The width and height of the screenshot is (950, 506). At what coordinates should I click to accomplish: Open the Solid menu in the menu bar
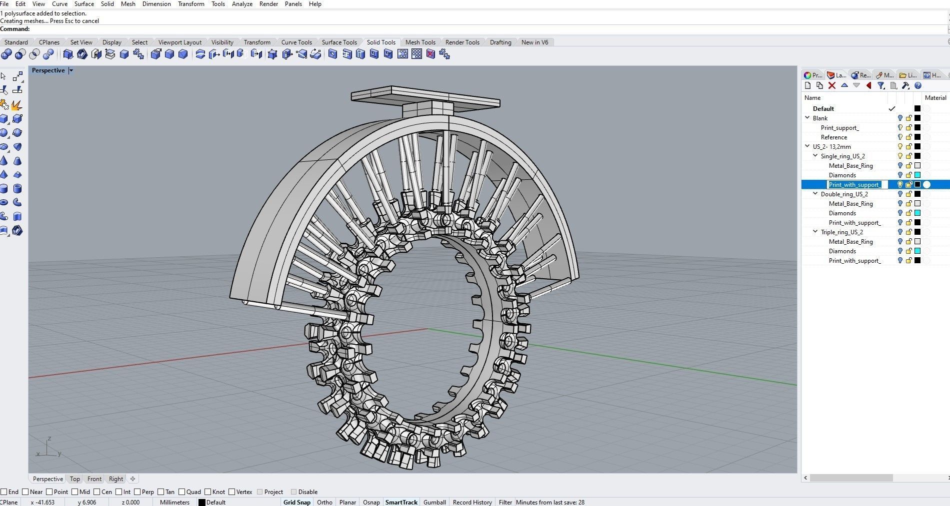[x=107, y=4]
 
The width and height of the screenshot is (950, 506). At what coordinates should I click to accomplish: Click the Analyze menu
[x=242, y=4]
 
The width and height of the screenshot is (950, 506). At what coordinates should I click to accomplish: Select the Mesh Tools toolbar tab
[x=420, y=42]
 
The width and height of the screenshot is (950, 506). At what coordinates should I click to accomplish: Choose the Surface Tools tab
[x=339, y=42]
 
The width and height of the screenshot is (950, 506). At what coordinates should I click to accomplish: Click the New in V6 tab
[x=534, y=42]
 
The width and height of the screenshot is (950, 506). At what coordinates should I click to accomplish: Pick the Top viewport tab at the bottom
[x=75, y=479]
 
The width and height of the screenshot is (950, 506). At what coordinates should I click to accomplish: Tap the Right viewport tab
[x=116, y=479]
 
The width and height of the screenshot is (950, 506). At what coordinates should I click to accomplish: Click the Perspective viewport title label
[x=48, y=70]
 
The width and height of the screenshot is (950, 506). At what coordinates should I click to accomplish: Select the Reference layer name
[x=833, y=137]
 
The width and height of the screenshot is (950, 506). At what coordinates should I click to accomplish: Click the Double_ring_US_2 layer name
[x=844, y=194]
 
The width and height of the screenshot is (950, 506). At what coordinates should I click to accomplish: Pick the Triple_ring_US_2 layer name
[x=841, y=232]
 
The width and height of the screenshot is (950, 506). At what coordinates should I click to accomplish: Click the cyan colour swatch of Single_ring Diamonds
[x=917, y=175]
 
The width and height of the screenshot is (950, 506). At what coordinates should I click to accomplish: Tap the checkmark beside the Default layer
[x=891, y=109]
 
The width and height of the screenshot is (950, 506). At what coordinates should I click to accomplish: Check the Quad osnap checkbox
[x=182, y=492]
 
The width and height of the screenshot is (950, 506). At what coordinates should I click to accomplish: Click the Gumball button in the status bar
[x=434, y=502]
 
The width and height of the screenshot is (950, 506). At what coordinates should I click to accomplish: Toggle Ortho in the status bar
[x=324, y=502]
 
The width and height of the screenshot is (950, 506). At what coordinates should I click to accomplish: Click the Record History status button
[x=472, y=502]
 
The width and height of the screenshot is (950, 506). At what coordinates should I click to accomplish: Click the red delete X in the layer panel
[x=832, y=86]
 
